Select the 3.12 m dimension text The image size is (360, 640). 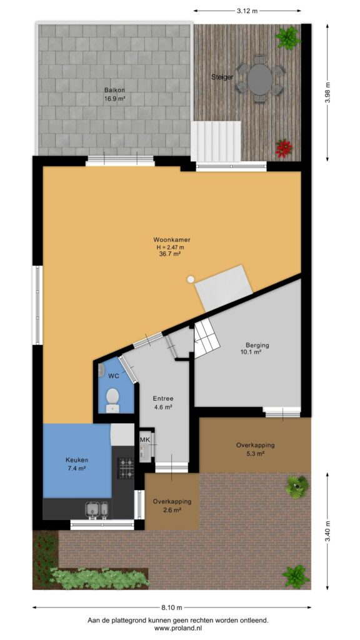[247, 11]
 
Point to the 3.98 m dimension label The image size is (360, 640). [327, 92]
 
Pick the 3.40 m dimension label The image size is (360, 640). [327, 531]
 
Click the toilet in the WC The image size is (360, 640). [112, 400]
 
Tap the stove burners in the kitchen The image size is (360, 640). [126, 467]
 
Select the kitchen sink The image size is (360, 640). [97, 510]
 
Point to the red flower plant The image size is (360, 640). [284, 149]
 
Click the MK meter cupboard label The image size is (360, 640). [145, 439]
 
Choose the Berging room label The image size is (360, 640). [257, 345]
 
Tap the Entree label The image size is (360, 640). [163, 399]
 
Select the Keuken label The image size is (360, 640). [77, 460]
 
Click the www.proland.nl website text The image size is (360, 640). [178, 629]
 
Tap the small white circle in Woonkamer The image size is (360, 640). [191, 279]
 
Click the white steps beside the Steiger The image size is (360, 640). [216, 141]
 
